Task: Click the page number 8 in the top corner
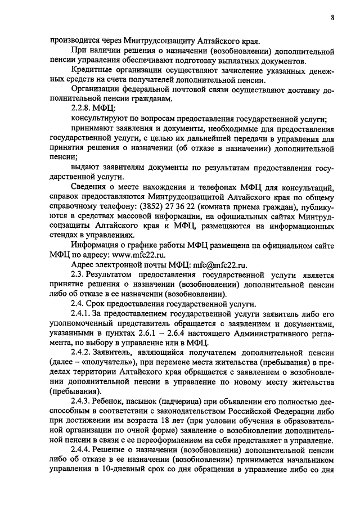pos(332,17)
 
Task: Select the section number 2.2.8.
pos(83,107)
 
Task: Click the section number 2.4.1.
pos(83,313)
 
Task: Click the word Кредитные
pos(92,69)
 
